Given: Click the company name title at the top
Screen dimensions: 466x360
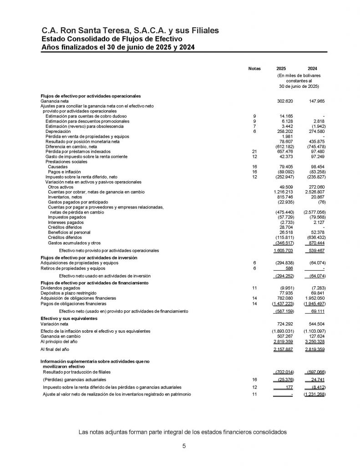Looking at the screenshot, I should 130,30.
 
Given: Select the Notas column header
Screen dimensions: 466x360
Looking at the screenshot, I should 254,68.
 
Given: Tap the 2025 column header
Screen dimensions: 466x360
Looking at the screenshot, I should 282,68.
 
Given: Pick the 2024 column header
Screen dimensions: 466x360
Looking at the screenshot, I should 312,68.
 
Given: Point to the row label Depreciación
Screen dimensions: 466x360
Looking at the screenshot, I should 58,131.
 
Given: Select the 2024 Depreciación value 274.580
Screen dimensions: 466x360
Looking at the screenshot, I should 315,131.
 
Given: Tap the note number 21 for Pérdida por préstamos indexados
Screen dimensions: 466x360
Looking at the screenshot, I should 254,152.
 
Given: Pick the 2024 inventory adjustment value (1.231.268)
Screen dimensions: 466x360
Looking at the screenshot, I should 314,394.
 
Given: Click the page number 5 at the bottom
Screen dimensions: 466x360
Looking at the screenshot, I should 184,446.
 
